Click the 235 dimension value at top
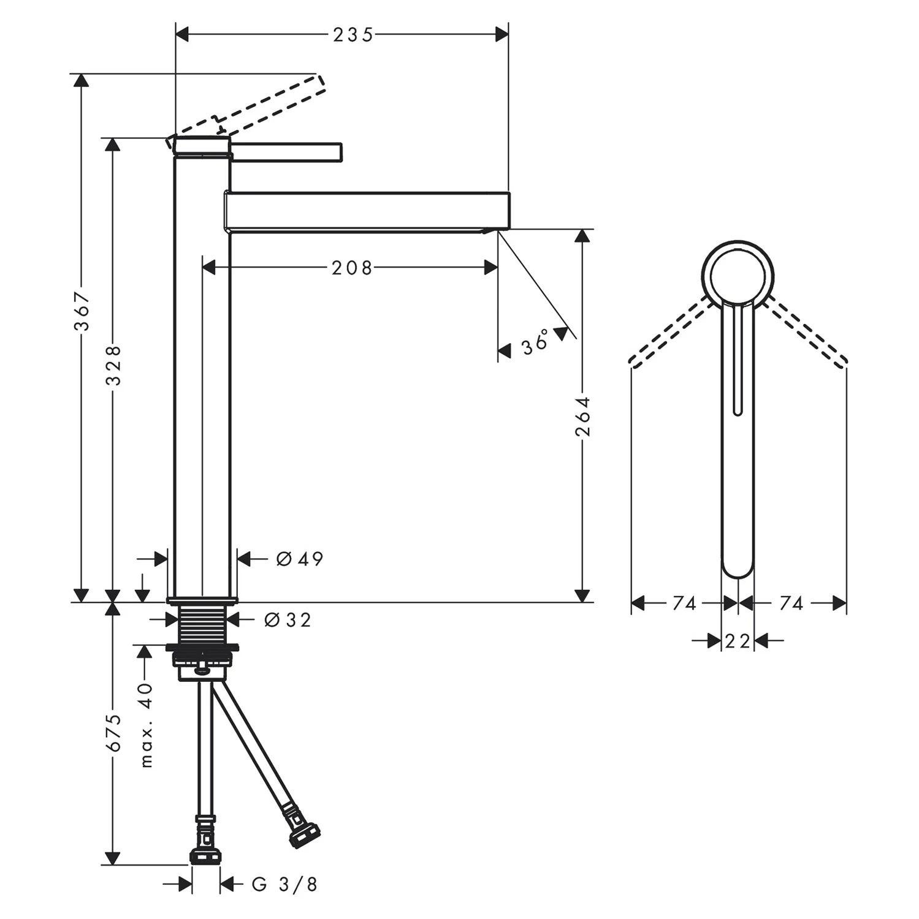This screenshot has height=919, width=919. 353,35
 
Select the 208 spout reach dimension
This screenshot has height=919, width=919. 352,268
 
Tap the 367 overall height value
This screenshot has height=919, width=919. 82,311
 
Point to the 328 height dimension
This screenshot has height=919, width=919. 113,365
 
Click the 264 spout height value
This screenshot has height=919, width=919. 582,416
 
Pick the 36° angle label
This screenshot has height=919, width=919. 535,342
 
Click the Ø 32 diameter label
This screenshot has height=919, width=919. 288,620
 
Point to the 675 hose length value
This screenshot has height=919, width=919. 113,732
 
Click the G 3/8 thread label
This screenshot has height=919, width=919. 284,884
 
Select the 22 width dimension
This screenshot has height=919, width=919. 737,641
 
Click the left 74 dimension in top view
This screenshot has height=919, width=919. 684,603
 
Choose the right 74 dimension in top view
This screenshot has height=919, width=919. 791,603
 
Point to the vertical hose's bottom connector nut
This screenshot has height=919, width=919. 205,855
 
